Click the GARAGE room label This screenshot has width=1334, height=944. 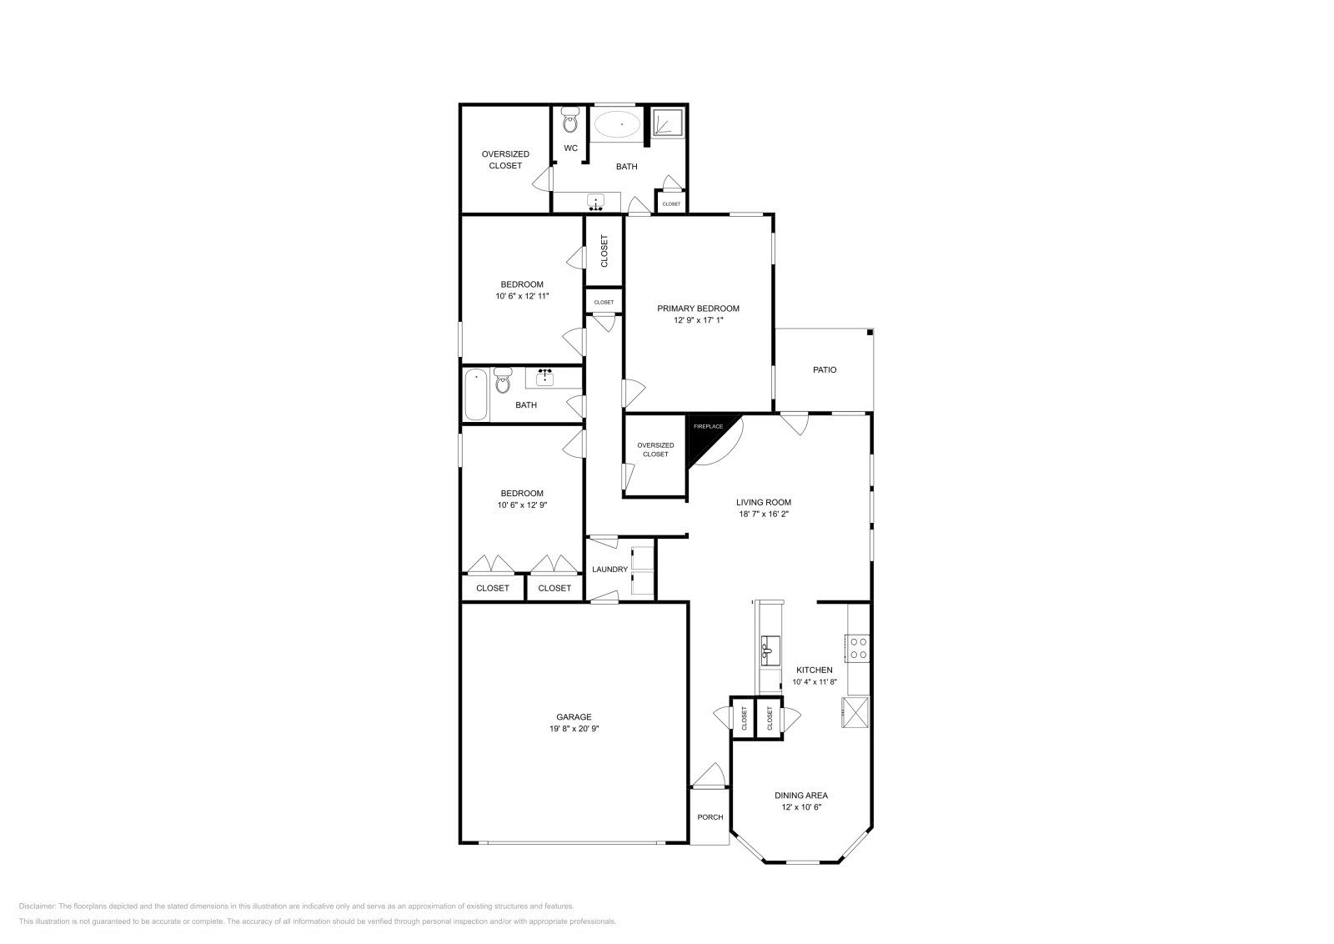point(574,717)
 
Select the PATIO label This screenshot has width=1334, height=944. point(825,369)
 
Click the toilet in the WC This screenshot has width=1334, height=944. point(570,122)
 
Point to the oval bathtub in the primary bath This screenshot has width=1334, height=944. point(617,125)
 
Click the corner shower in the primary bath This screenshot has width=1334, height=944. point(667,123)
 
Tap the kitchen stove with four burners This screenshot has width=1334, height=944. point(858,648)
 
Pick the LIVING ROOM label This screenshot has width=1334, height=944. point(763,502)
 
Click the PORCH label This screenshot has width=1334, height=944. point(710,817)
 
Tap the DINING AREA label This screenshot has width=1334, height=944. point(800,796)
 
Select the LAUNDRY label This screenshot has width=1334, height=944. point(609,570)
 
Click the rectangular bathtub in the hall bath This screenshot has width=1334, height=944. point(476,394)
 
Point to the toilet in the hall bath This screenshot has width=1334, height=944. point(502,382)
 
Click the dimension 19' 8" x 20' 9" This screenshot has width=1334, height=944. point(574,729)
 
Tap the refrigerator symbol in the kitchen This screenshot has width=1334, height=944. point(856,712)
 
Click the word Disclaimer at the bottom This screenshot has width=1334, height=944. point(38,906)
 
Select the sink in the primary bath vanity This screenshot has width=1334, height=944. point(596,202)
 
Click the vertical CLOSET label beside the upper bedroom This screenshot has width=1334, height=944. point(604,250)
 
